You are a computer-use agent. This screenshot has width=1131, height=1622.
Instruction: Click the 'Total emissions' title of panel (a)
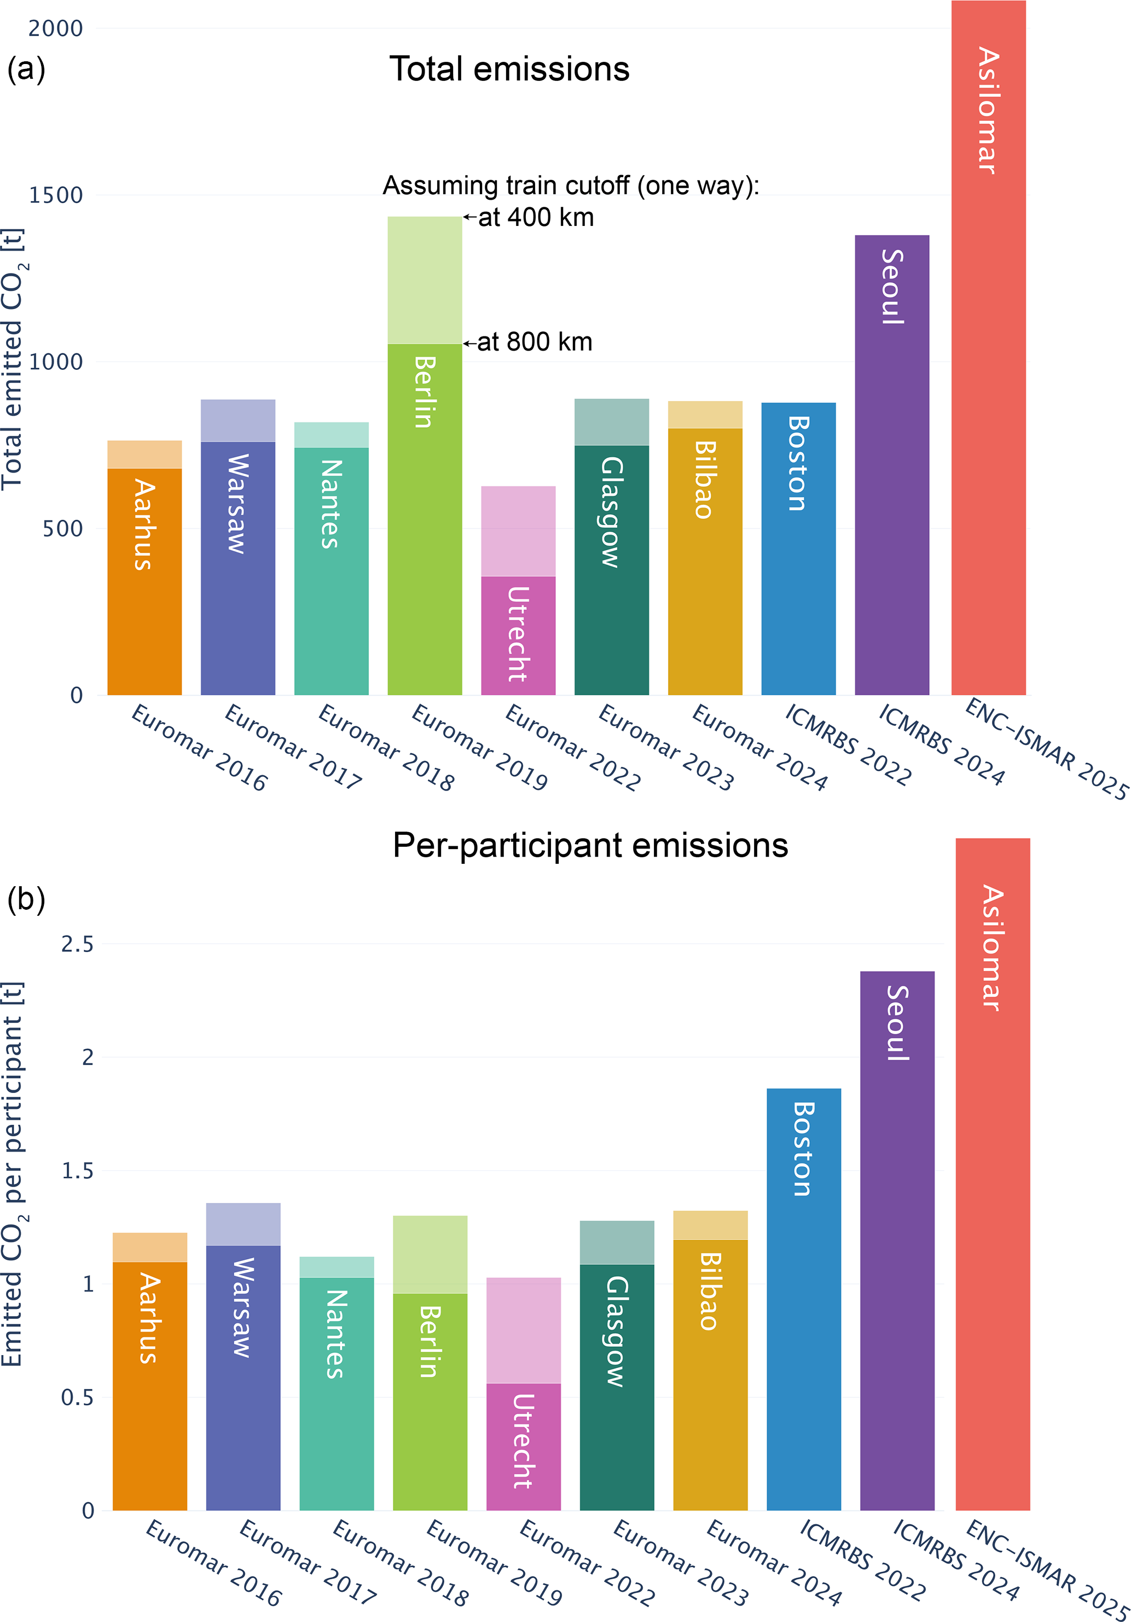[x=509, y=69]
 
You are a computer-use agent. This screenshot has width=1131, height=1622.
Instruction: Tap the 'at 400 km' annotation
[x=536, y=218]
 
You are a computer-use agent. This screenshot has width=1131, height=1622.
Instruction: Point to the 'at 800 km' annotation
[x=535, y=342]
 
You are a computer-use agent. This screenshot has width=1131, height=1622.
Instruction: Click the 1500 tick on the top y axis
[x=56, y=195]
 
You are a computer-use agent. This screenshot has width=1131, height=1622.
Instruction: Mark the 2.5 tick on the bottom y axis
[x=77, y=944]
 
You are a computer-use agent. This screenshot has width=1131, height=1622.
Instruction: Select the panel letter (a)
[x=26, y=69]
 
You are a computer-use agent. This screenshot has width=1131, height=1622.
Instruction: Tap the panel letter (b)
[x=26, y=899]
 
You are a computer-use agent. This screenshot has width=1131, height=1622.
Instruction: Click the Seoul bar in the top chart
[x=891, y=495]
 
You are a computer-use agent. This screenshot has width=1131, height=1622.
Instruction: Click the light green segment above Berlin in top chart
[x=425, y=280]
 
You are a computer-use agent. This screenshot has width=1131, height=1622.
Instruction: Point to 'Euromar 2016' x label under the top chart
[x=200, y=747]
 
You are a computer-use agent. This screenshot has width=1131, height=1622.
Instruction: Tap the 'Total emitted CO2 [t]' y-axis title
[x=13, y=359]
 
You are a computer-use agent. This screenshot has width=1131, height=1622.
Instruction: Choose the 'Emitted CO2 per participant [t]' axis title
[x=13, y=1174]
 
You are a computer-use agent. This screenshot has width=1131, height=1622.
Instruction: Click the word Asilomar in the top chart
[x=988, y=110]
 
